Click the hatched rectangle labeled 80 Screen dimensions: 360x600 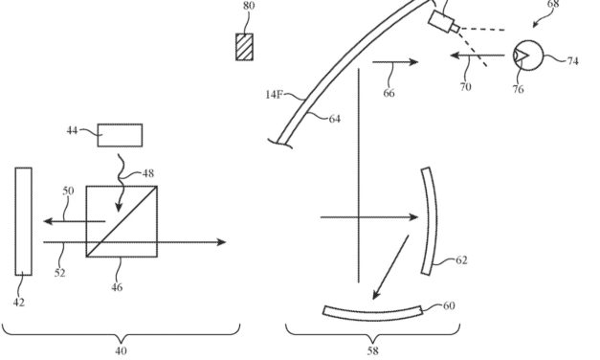(x=246, y=46)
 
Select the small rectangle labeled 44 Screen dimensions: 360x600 (x=120, y=133)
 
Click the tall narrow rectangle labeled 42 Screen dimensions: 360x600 (x=23, y=221)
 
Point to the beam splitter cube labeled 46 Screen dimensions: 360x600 (x=122, y=221)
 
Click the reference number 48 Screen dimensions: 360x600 (x=147, y=173)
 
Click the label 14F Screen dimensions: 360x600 (x=276, y=95)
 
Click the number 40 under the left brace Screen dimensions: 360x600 (x=121, y=350)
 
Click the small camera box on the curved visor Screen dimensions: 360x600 (x=443, y=22)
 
